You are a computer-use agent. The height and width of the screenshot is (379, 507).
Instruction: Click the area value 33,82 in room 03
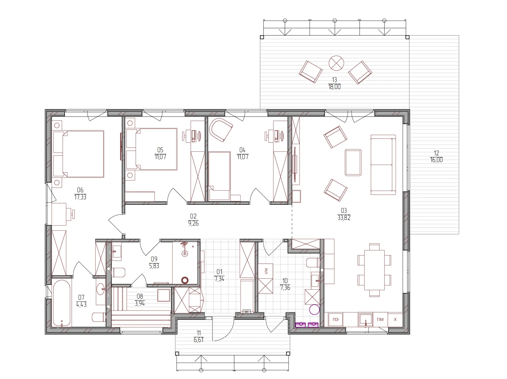(344, 218)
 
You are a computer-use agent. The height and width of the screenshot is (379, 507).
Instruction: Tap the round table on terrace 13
(336, 63)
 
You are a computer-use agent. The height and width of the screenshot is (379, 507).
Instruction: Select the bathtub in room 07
(62, 303)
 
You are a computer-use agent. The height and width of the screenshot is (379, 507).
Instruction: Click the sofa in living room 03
(383, 165)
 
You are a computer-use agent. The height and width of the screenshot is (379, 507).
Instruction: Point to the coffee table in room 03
(353, 162)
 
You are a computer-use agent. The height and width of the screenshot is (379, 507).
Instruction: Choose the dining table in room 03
(374, 270)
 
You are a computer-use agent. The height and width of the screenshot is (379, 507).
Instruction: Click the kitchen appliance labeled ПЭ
(335, 320)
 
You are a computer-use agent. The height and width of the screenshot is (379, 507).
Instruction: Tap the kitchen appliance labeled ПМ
(380, 320)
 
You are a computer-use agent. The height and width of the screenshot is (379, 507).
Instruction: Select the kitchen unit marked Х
(395, 320)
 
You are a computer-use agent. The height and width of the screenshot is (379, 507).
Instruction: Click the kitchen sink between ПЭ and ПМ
(365, 320)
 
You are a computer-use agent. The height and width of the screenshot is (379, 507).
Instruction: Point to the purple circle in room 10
(314, 310)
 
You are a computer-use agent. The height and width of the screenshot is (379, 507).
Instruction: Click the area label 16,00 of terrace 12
(436, 160)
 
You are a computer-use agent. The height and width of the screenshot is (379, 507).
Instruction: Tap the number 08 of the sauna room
(140, 296)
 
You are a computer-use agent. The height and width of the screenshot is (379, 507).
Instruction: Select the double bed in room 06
(78, 154)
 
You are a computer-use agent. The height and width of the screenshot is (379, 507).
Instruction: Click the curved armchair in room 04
(221, 130)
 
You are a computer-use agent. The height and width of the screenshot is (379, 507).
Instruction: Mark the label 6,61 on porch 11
(198, 340)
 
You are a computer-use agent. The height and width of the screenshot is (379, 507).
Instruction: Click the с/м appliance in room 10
(265, 271)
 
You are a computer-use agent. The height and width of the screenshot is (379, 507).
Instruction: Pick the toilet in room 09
(118, 272)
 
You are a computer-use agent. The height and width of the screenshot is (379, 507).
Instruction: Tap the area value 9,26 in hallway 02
(193, 223)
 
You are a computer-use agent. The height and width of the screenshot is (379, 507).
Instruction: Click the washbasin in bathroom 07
(101, 289)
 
